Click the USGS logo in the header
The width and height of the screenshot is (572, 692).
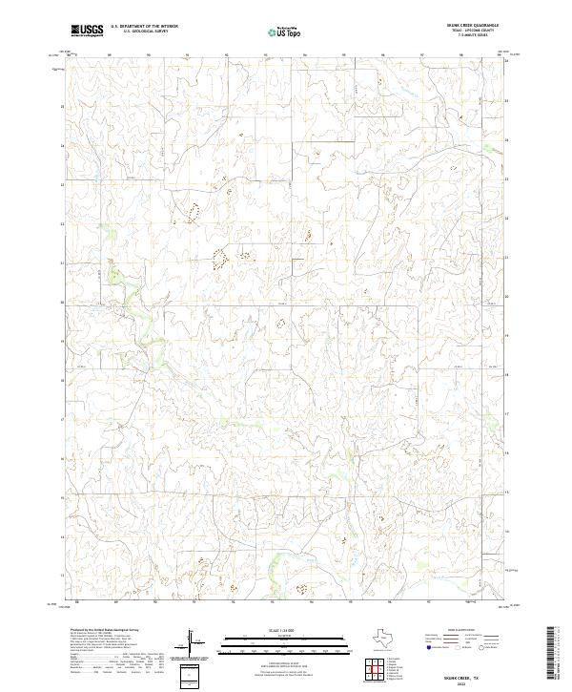click(87, 31)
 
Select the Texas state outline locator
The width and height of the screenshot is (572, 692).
click(379, 639)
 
